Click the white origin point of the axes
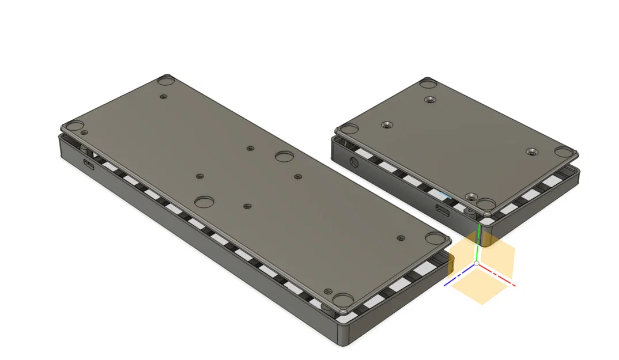coord(477,264)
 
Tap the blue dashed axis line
coord(458,278)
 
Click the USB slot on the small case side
coord(444,210)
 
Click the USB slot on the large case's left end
coord(90,165)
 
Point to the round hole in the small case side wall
coord(354,162)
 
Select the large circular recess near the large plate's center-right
coord(284,157)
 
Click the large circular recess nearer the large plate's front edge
coord(204,202)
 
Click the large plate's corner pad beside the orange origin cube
coord(433,238)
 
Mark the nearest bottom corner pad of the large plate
coord(344,300)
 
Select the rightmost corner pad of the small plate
coord(563,152)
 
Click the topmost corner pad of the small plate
coord(427,83)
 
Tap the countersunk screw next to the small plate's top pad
coord(429,100)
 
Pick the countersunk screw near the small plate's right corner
coord(531,152)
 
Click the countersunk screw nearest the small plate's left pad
coord(385,124)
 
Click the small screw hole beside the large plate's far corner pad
coord(164,96)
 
